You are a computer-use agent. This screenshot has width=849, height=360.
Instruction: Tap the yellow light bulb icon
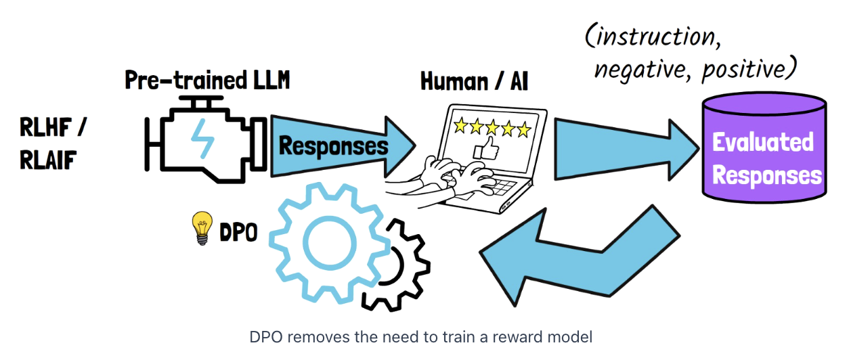(201, 227)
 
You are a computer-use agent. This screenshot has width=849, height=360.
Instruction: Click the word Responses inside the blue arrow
(334, 145)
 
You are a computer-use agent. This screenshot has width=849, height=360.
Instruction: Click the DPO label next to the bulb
(238, 233)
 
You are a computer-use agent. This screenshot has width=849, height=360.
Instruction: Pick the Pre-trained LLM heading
(207, 81)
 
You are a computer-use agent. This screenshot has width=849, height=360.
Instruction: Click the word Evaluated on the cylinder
(763, 143)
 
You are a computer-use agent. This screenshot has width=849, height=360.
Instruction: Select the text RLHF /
(54, 126)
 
